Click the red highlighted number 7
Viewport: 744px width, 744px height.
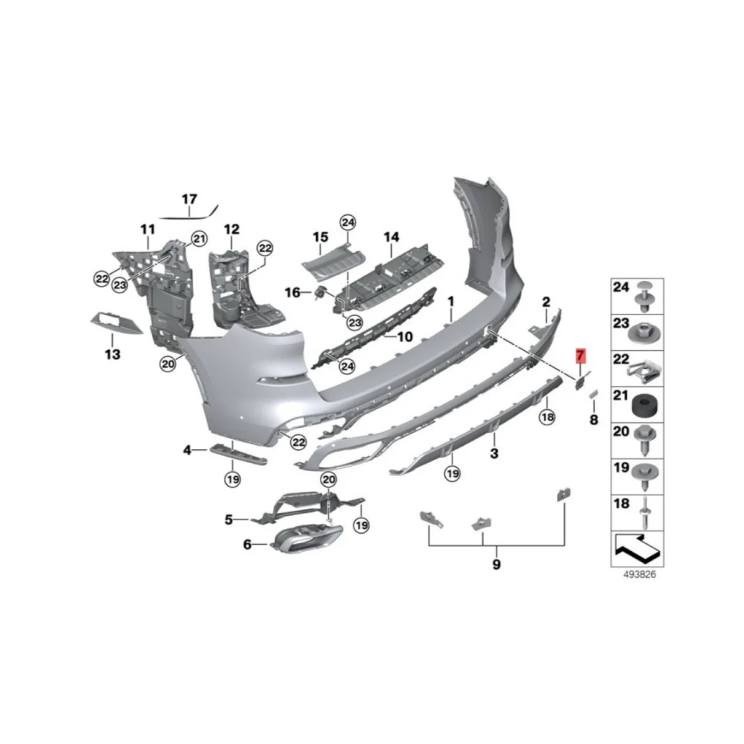click(580, 356)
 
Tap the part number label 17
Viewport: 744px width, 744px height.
click(189, 199)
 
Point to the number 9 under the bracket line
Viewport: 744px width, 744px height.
click(496, 564)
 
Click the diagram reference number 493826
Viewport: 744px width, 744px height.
click(639, 574)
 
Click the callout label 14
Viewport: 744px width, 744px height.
click(391, 237)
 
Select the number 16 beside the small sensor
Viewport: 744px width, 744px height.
click(292, 291)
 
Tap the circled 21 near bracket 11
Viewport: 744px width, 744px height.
click(198, 238)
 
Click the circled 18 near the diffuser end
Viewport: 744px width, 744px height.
click(547, 417)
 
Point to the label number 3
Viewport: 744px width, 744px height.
click(494, 453)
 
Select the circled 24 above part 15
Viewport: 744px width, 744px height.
click(347, 222)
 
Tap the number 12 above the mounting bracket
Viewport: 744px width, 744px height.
click(231, 229)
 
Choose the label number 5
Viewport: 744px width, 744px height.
click(228, 520)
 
